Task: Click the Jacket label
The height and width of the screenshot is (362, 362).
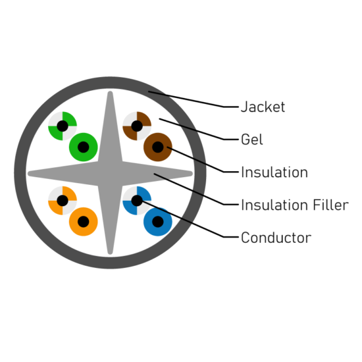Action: pos(263,107)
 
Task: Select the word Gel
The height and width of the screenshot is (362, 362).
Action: pos(251,140)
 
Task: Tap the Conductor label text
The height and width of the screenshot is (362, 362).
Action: pos(276,238)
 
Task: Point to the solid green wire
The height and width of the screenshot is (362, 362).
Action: pos(84,147)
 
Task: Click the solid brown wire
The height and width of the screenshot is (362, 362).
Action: pos(158,147)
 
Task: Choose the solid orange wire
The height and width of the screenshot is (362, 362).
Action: pos(84,222)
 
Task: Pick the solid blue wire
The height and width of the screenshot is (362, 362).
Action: pos(158,222)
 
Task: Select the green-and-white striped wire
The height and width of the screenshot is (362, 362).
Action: pos(63,126)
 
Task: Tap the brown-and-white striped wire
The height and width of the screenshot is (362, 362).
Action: pos(137,126)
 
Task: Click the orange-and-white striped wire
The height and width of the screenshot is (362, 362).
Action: pos(63,200)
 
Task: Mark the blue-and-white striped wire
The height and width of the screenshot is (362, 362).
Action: pos(137,200)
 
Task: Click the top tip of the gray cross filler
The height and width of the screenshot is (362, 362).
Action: pos(110,92)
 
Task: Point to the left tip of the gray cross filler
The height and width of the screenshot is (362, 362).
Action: pos(28,174)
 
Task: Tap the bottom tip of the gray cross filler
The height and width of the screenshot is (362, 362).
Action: pos(110,253)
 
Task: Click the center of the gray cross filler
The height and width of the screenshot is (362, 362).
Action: pos(110,174)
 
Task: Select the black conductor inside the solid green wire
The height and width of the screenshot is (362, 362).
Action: pos(84,147)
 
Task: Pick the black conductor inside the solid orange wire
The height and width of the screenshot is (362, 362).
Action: pos(84,222)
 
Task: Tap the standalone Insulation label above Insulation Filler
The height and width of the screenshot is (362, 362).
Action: pos(274,172)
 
